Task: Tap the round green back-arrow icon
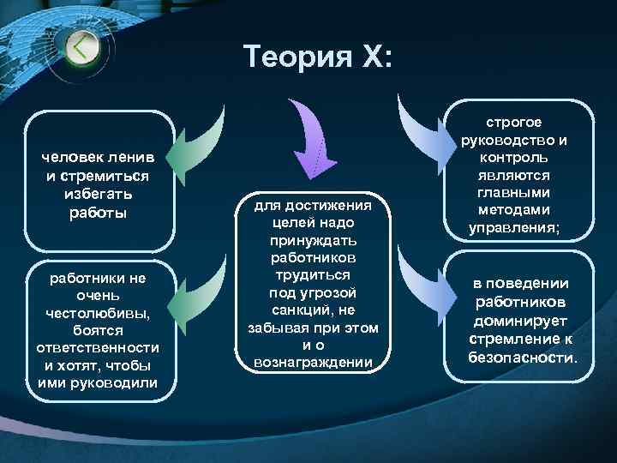(x=82, y=47)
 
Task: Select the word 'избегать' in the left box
(x=97, y=195)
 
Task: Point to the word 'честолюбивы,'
(x=97, y=314)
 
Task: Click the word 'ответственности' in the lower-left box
(x=97, y=348)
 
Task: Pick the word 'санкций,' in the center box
(x=297, y=310)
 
